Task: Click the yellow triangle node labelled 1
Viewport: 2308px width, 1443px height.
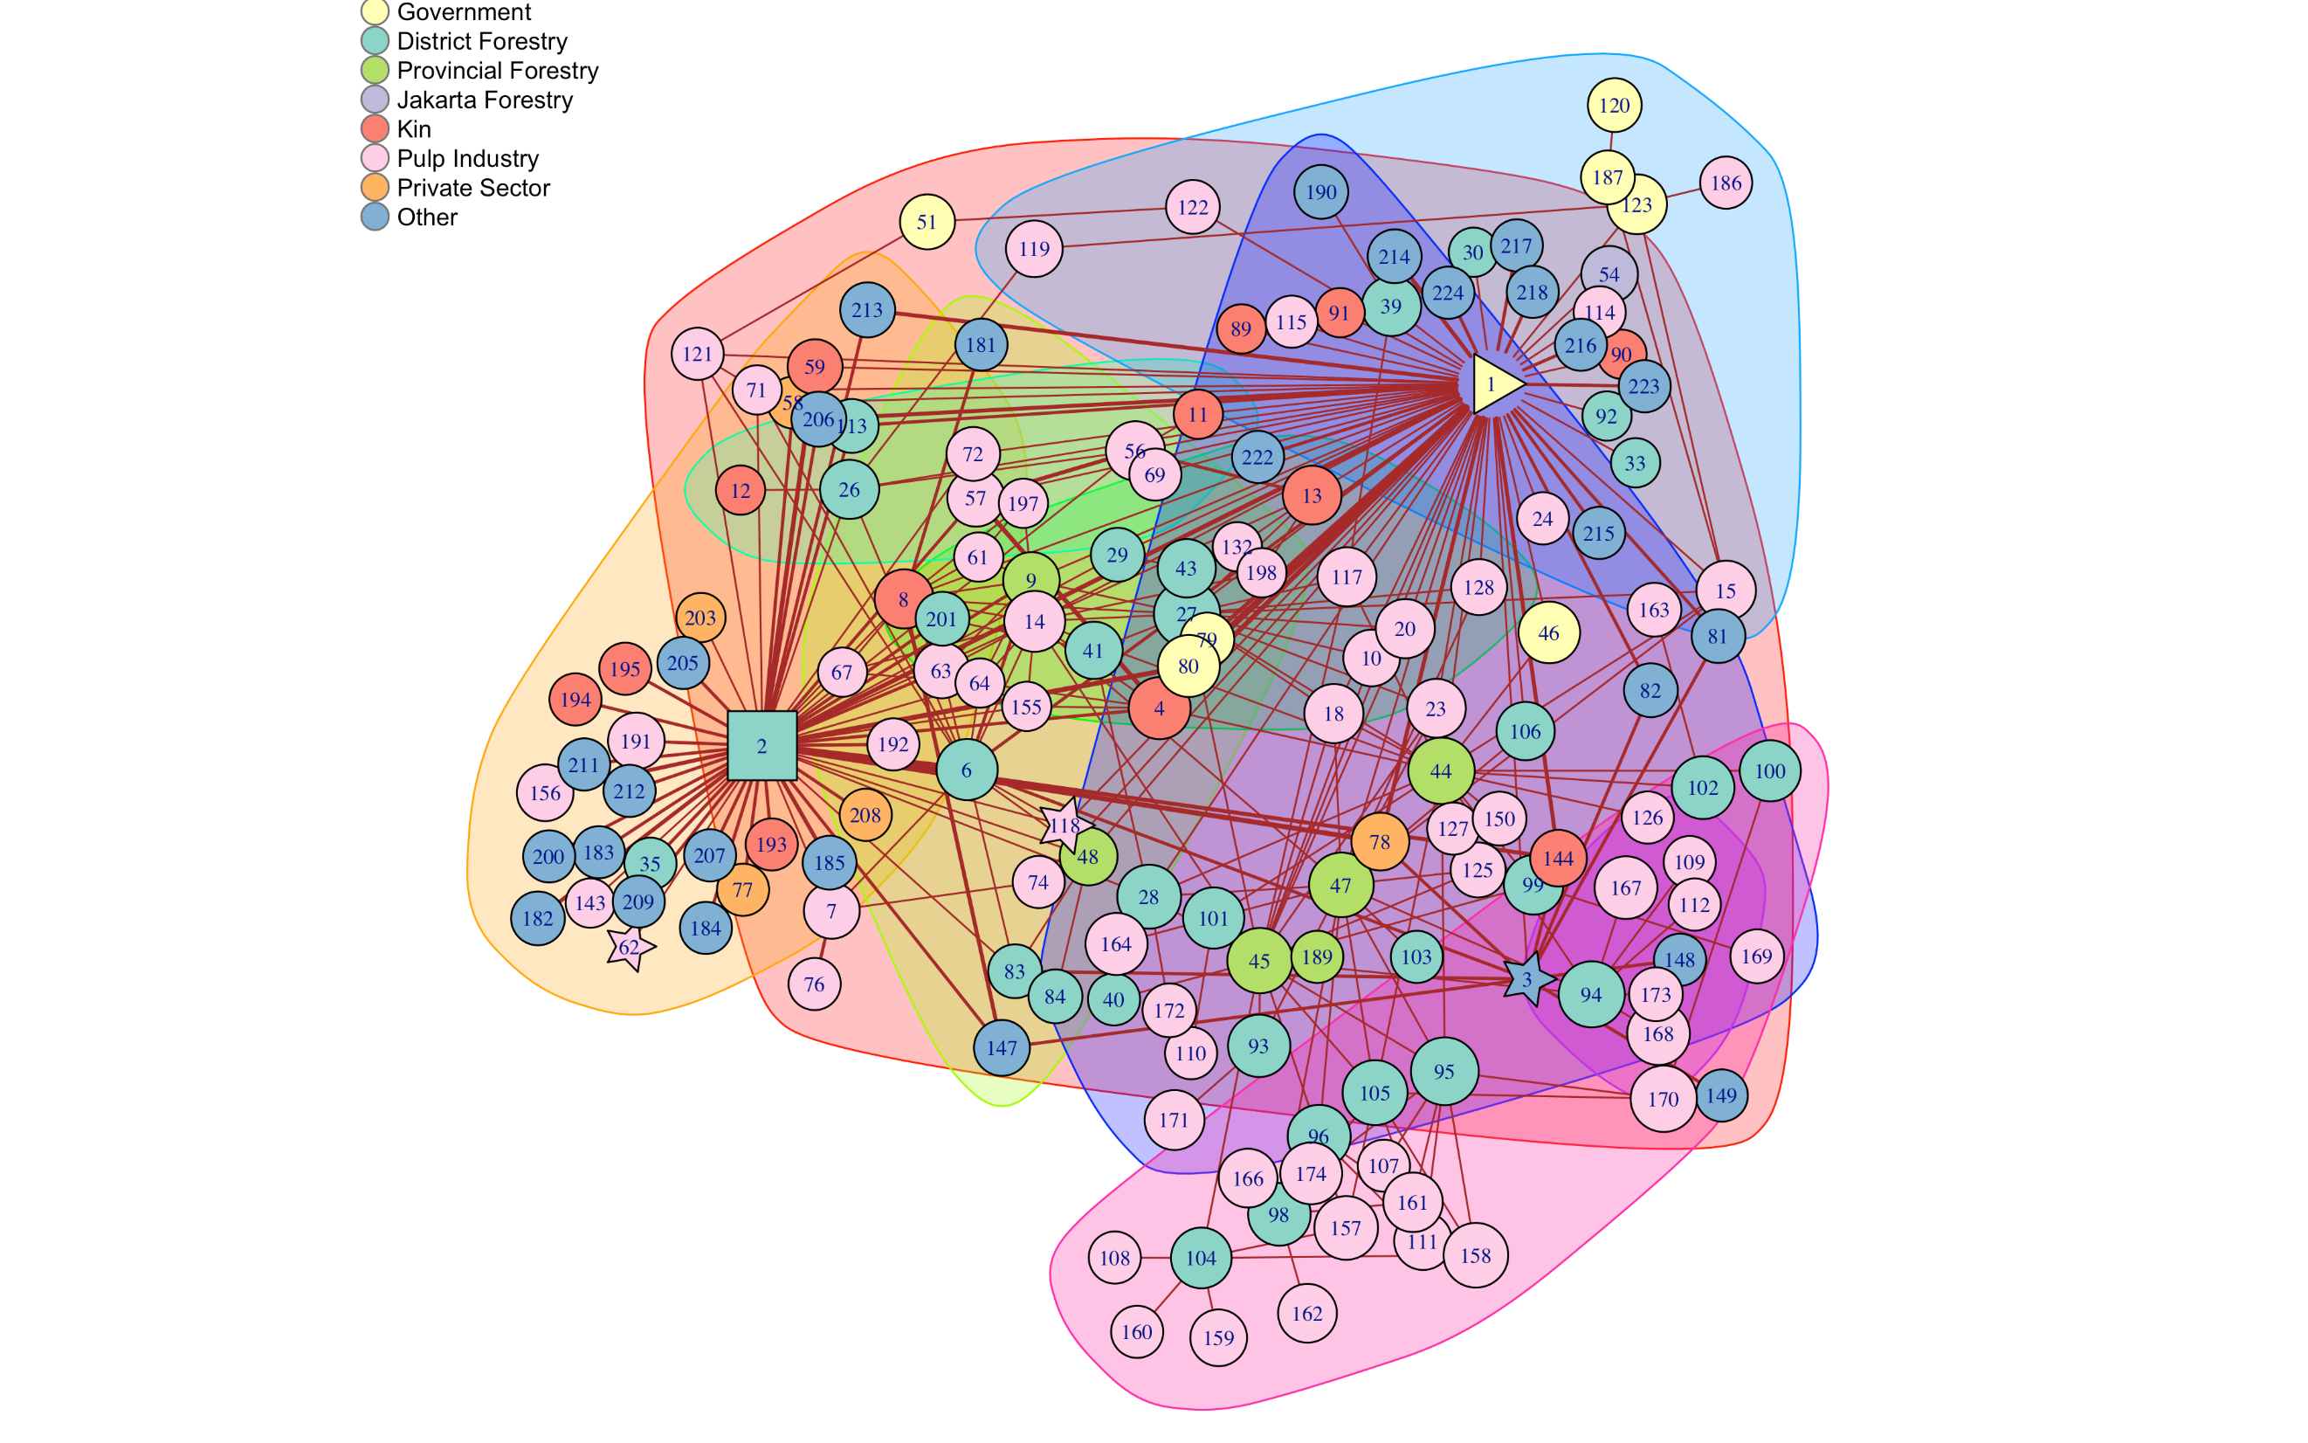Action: [x=1493, y=384]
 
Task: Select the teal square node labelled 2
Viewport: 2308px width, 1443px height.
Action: [x=761, y=745]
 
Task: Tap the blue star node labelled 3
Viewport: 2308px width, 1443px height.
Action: [x=1528, y=979]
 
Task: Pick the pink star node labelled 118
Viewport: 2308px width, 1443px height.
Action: [x=1064, y=825]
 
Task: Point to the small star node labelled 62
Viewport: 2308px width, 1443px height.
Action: [x=630, y=948]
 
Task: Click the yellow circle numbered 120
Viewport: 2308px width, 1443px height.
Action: [x=1615, y=105]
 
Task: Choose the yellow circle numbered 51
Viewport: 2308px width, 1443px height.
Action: [x=927, y=221]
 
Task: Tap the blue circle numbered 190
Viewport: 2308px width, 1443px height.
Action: [x=1320, y=192]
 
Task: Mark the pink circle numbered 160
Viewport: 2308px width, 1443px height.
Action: [x=1136, y=1331]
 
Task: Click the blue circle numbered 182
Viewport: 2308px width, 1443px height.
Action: [x=538, y=918]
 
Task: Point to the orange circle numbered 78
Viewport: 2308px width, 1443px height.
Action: [x=1380, y=842]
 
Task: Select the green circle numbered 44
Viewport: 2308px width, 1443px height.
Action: [x=1441, y=771]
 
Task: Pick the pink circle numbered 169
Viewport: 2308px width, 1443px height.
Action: [x=1756, y=956]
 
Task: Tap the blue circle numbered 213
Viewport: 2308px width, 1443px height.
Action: [x=867, y=310]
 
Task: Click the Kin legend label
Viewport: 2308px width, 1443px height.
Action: [x=414, y=130]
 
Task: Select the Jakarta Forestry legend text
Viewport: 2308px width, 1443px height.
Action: [x=485, y=100]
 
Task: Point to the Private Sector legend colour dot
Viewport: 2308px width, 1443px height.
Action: [x=375, y=188]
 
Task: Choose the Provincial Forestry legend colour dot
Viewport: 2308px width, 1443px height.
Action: [x=375, y=71]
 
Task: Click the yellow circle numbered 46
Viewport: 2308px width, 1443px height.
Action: [x=1548, y=632]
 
